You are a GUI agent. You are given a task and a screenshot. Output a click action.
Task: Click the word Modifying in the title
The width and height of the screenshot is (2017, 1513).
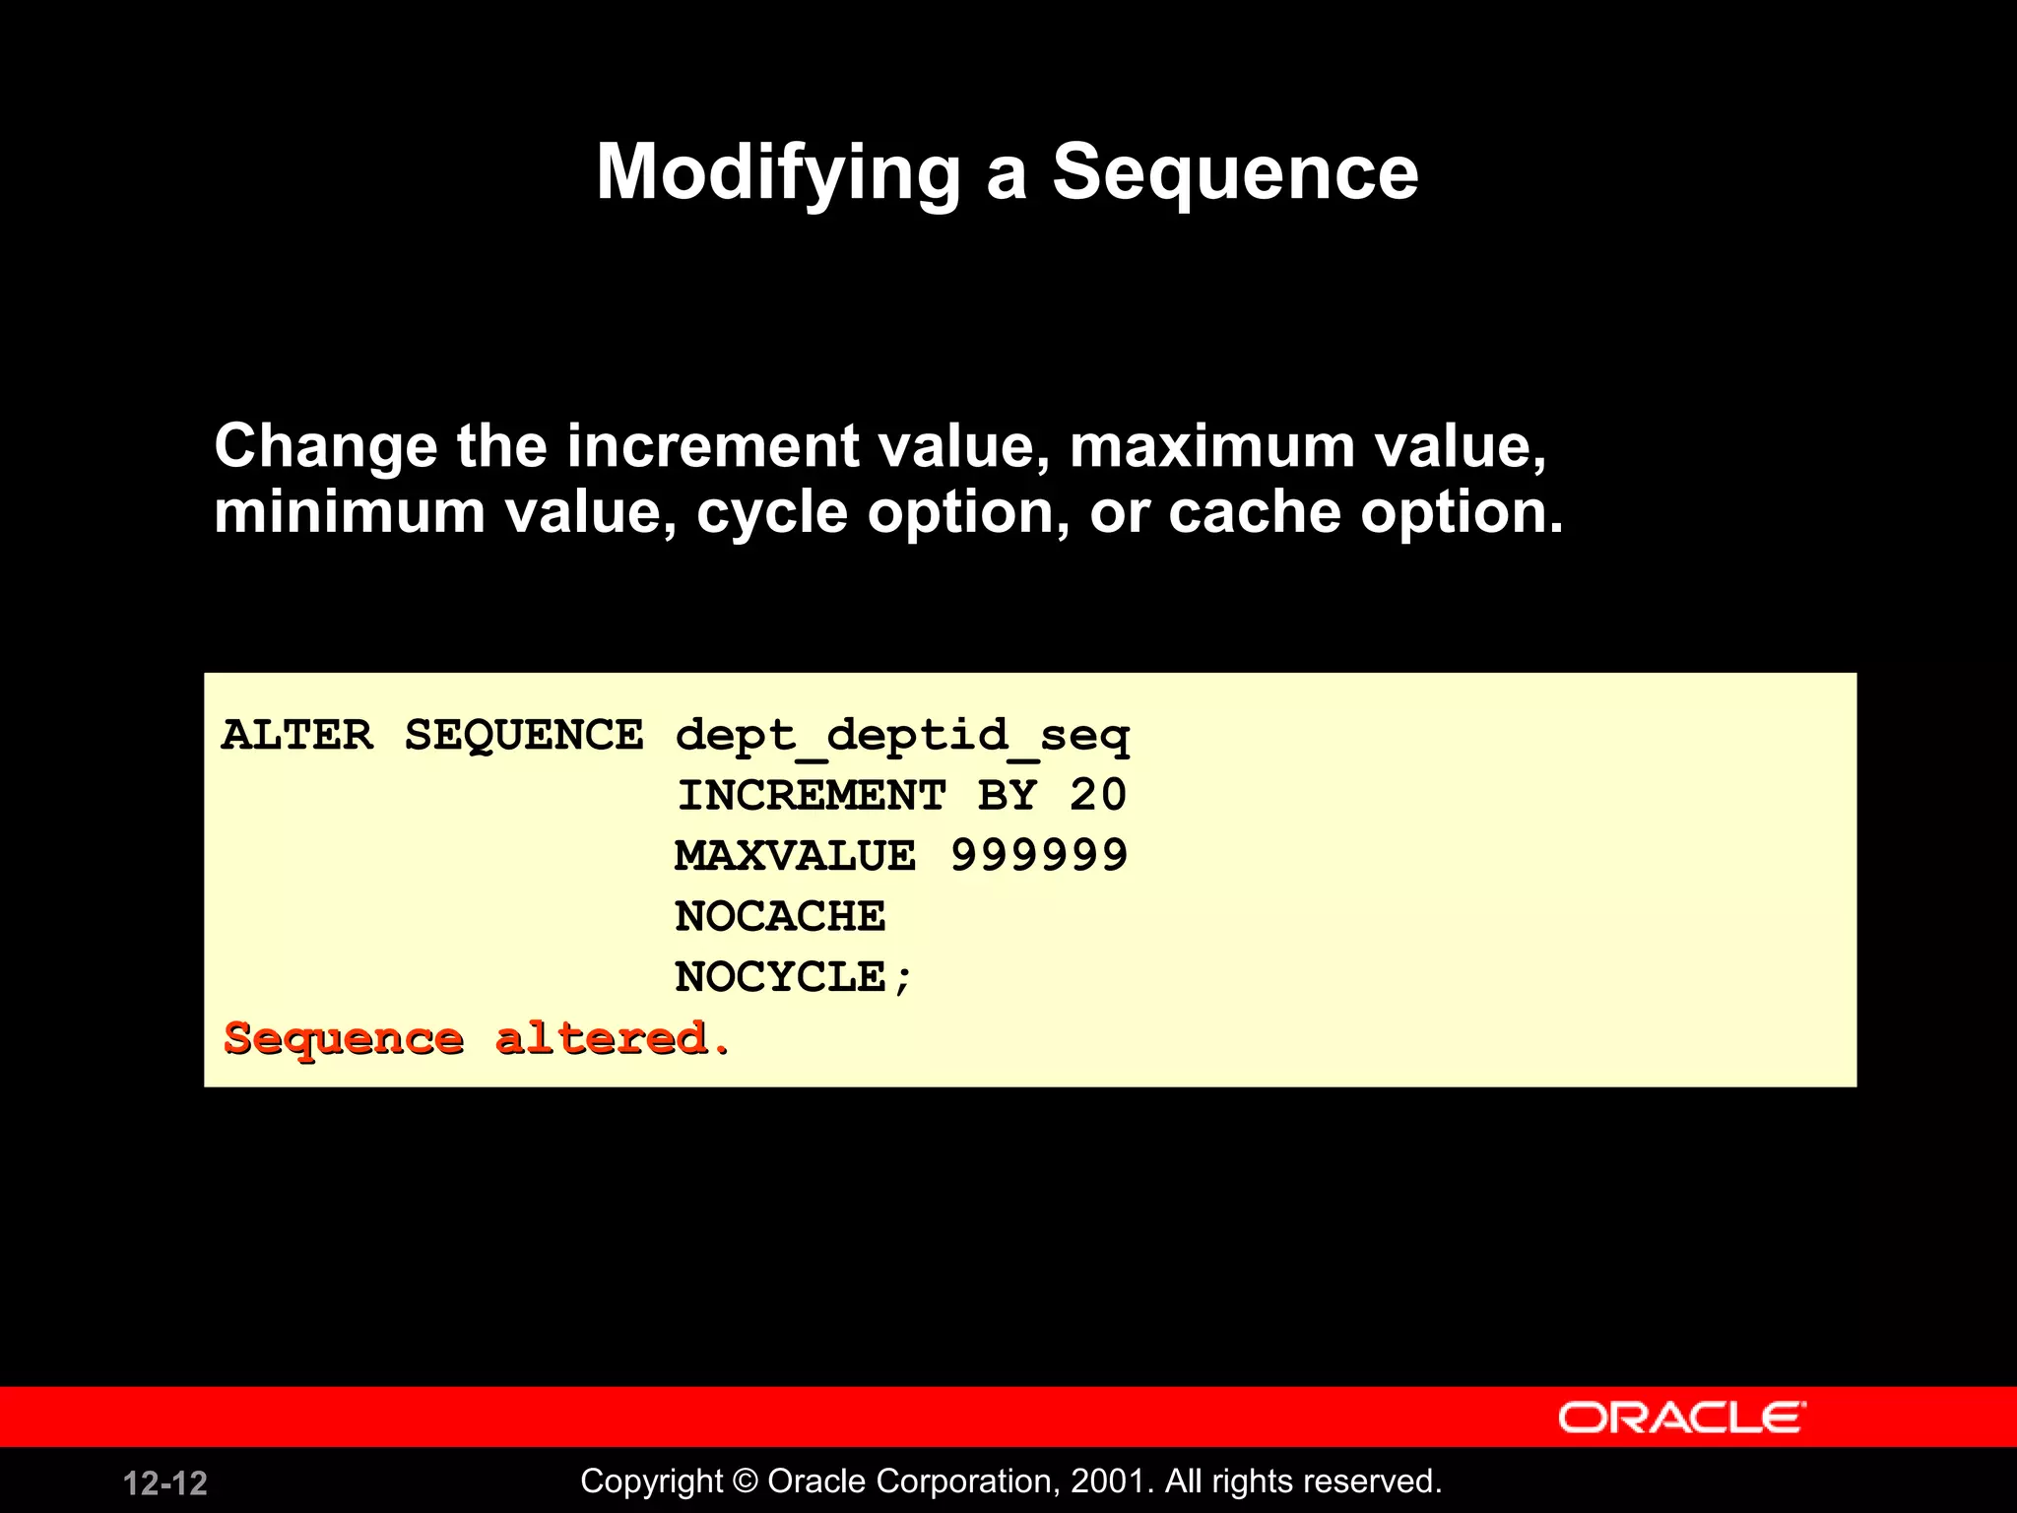click(x=778, y=173)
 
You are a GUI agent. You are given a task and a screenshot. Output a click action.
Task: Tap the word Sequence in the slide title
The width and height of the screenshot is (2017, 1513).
click(x=1235, y=173)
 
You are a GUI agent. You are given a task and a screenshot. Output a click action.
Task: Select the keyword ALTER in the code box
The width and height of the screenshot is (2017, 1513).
click(x=297, y=735)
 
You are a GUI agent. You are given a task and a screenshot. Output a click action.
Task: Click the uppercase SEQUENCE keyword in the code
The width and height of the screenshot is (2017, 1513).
click(x=524, y=735)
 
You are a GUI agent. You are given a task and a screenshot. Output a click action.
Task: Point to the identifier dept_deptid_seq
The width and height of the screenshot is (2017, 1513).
click(x=902, y=737)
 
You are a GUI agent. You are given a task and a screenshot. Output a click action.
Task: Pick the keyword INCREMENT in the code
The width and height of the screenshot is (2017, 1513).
click(x=812, y=796)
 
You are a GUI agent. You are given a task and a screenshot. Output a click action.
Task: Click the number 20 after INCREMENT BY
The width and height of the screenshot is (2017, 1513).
click(x=1098, y=796)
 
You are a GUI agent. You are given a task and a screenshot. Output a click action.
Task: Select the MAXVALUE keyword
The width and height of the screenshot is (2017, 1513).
click(x=796, y=856)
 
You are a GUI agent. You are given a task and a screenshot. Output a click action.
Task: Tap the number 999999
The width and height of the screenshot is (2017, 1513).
click(x=1039, y=856)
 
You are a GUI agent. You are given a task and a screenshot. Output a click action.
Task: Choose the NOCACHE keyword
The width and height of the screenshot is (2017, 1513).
click(x=780, y=917)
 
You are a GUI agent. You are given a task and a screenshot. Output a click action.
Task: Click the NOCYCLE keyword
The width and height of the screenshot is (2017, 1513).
click(x=780, y=977)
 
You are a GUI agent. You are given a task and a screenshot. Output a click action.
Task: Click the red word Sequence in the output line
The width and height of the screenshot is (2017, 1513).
click(x=344, y=1039)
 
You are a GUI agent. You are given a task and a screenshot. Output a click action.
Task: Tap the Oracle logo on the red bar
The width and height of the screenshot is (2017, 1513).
click(x=1681, y=1417)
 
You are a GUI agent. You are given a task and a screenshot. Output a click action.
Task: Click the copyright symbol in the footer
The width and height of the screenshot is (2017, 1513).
click(x=746, y=1481)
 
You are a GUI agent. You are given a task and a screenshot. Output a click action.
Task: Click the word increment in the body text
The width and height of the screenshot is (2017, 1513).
click(x=712, y=446)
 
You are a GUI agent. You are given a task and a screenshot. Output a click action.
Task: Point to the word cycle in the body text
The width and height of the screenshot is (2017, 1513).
click(x=772, y=513)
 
